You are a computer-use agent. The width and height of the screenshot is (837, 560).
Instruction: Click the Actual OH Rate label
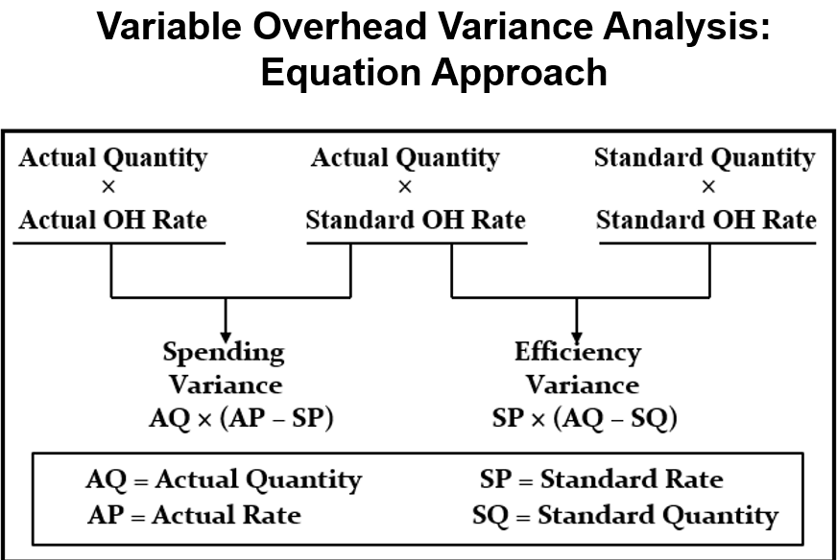(112, 221)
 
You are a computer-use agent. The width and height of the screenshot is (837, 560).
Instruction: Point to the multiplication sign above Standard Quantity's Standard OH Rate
(707, 188)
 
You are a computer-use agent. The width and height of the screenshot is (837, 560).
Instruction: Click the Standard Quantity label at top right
(705, 157)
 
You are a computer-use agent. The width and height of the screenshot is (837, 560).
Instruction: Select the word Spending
(224, 353)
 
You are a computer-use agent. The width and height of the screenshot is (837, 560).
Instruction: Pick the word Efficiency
(577, 352)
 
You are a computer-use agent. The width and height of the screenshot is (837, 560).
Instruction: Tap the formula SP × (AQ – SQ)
(583, 418)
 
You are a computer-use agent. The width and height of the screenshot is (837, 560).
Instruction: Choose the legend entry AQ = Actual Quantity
(223, 479)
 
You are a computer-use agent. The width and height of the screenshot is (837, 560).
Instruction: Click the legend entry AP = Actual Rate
(194, 515)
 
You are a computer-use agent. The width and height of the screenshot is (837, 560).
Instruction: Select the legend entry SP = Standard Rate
(601, 479)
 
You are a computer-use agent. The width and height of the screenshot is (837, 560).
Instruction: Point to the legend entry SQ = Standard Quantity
(625, 515)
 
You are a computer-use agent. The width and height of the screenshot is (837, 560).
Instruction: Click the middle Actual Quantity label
(405, 157)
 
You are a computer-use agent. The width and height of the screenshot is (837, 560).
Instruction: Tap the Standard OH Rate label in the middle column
(416, 221)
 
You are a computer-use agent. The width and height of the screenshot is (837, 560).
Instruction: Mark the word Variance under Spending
(226, 385)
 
